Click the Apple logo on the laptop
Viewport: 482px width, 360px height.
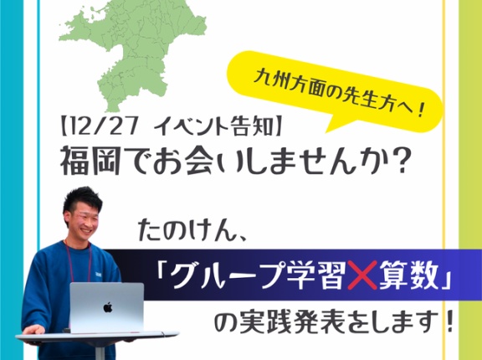107,307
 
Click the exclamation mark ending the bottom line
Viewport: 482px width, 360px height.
450,322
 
